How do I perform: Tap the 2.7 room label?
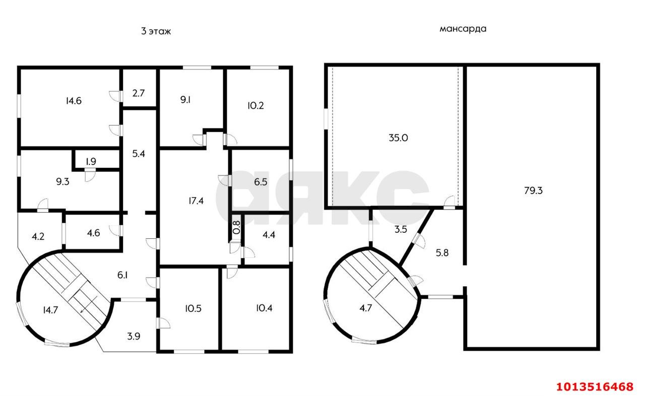[139, 93]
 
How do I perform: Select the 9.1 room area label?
[185, 100]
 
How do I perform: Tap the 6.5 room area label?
[261, 183]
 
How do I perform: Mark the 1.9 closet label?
[91, 162]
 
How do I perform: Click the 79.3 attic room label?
[533, 190]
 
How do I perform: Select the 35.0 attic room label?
[398, 138]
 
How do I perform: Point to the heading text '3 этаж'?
[156, 31]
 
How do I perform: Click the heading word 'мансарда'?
[463, 29]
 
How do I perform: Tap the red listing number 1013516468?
[595, 386]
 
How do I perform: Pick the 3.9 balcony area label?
[134, 336]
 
